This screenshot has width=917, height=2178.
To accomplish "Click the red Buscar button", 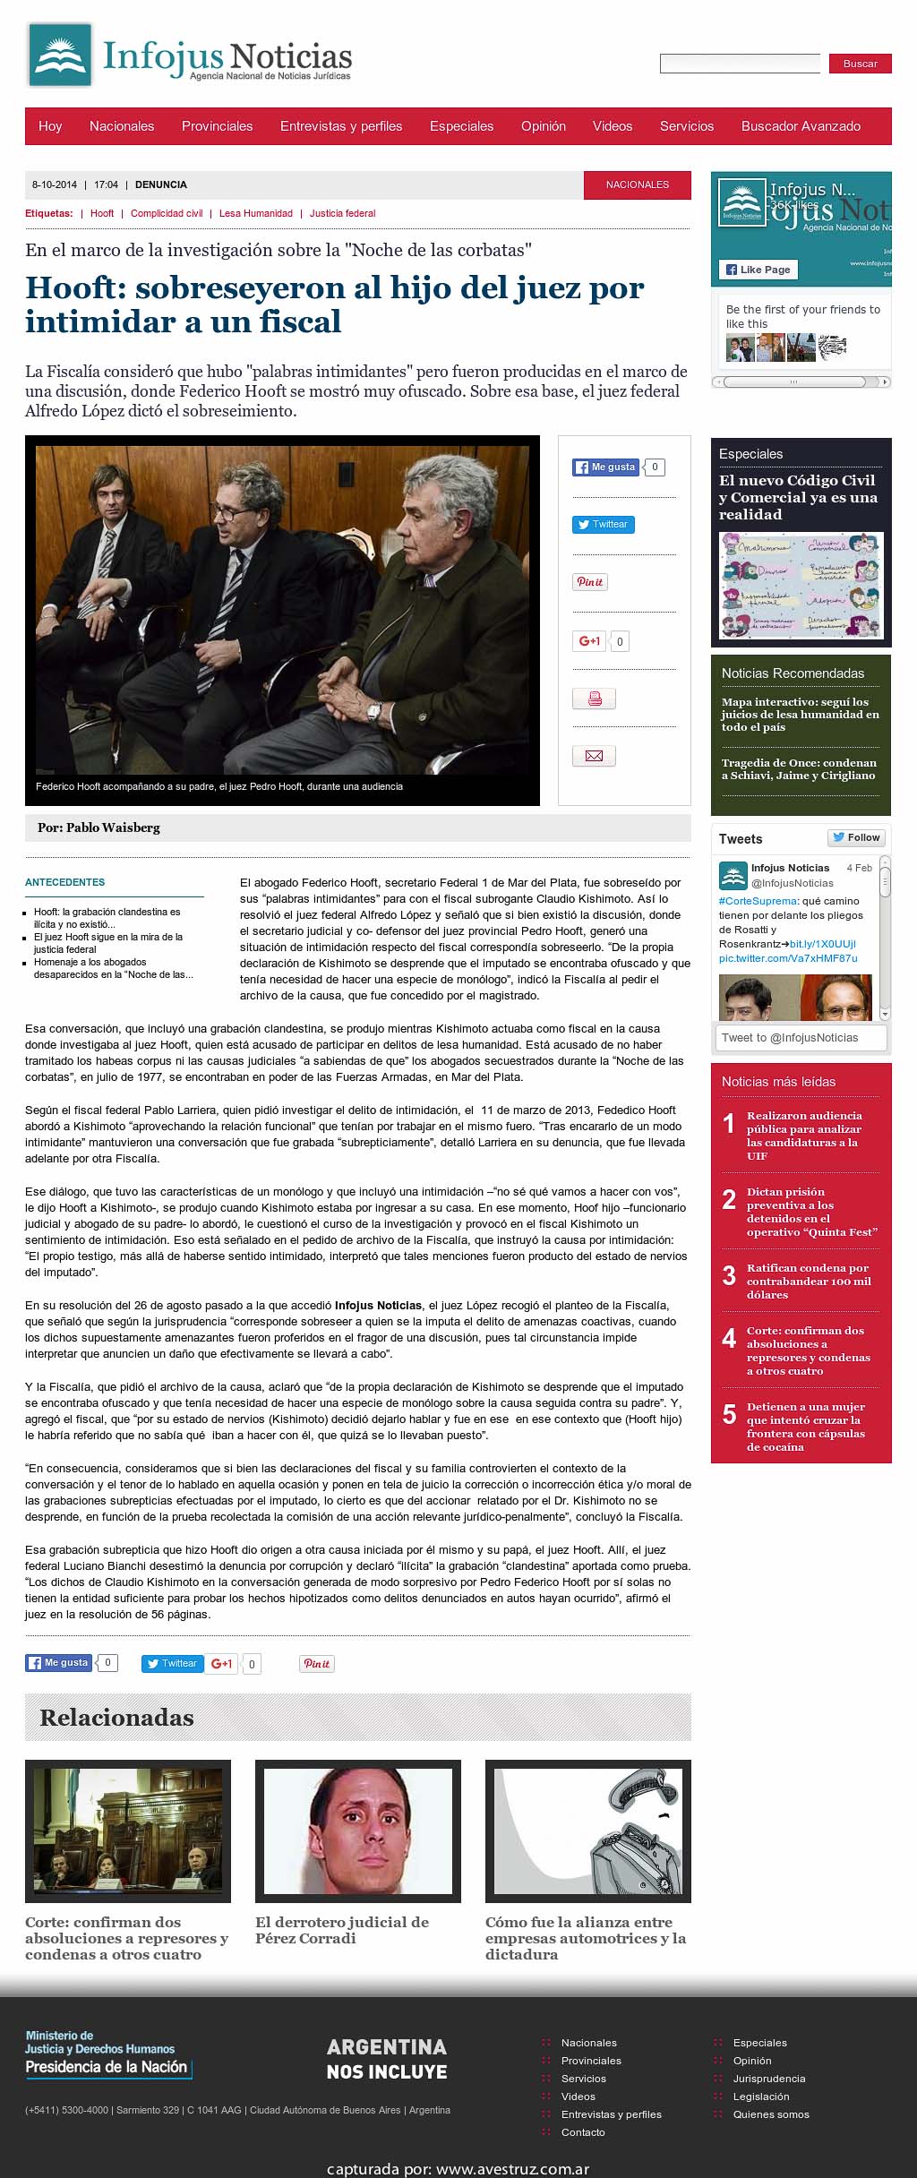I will point(860,64).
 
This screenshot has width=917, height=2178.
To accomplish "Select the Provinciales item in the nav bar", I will point(217,126).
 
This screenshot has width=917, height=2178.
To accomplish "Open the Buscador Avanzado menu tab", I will point(801,126).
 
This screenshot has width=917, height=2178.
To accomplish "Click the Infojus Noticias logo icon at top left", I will point(60,55).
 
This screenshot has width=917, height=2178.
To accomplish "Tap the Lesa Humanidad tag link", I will point(255,213).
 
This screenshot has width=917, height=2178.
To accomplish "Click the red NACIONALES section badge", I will point(637,184).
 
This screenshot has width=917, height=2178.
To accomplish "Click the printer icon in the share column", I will point(594,699).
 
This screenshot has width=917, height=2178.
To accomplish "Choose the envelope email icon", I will point(594,756).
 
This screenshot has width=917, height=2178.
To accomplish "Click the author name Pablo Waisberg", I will point(113,827).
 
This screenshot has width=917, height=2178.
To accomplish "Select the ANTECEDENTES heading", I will point(64,882).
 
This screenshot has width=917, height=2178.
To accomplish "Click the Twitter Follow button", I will point(856,837).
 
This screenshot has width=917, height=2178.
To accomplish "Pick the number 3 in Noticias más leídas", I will point(729,1275).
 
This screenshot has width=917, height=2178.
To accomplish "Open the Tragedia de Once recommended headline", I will point(799,769).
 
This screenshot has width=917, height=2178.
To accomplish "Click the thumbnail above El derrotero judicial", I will point(358,1831).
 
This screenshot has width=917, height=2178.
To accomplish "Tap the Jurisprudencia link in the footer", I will point(768,2079).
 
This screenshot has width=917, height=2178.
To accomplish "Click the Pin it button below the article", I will point(316,1663).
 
